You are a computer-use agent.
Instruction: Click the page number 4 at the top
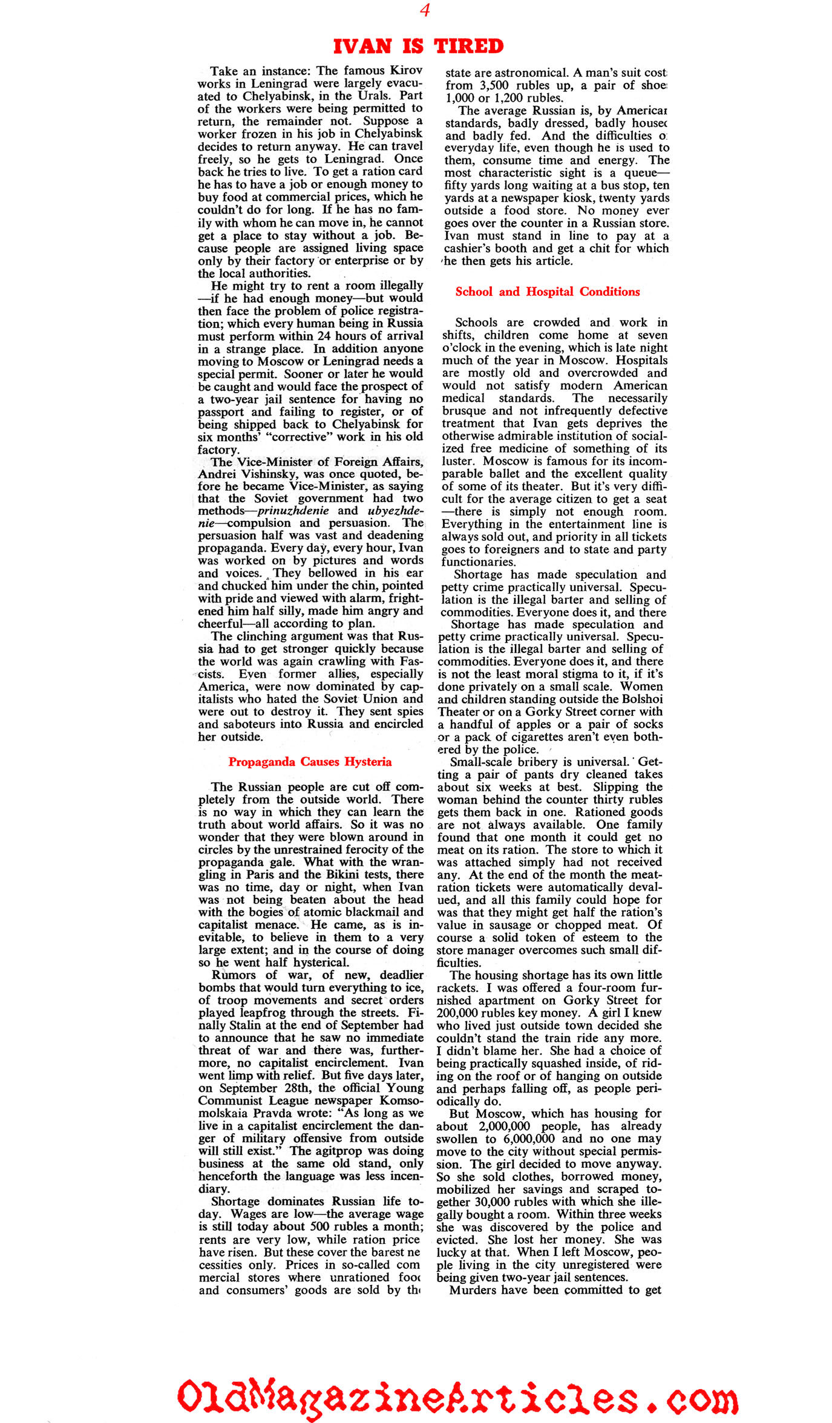coord(425,10)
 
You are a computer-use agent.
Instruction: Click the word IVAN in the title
coord(361,47)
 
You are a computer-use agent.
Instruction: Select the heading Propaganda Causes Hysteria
coord(310,762)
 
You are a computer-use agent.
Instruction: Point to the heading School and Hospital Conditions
coord(547,292)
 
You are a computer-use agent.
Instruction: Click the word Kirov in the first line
coord(406,71)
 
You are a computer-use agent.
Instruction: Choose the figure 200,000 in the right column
coord(459,1013)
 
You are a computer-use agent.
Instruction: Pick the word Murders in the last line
coord(474,1290)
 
